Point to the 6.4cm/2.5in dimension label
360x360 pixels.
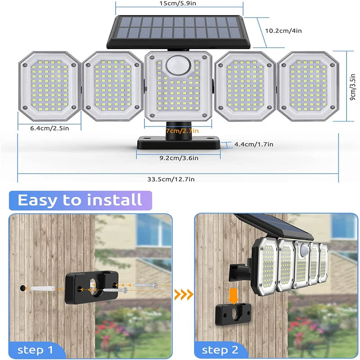point(49,128)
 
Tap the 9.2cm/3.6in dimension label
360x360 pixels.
point(179,158)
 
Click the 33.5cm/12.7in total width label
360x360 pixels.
point(171,179)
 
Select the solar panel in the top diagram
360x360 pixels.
point(179,31)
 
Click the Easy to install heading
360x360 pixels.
point(80,199)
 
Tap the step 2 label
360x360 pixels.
point(221,350)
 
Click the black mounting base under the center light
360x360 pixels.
point(179,142)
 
